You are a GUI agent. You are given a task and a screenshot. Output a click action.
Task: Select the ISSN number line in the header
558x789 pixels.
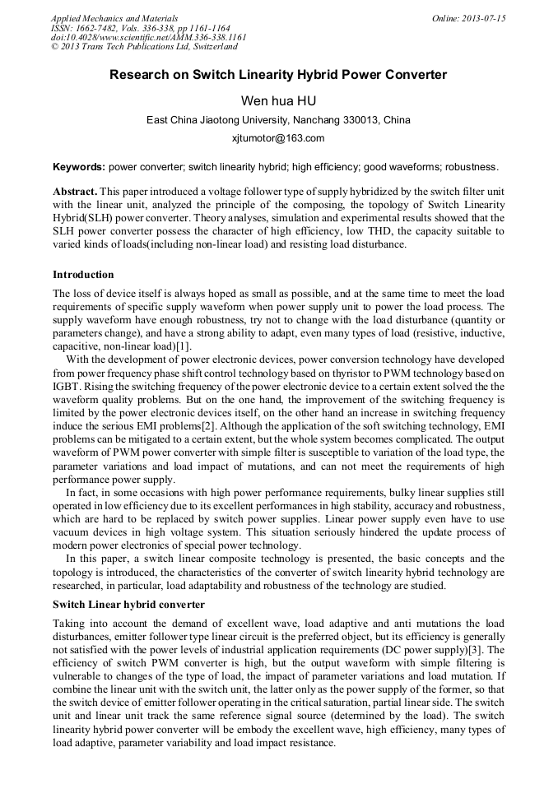[x=141, y=27]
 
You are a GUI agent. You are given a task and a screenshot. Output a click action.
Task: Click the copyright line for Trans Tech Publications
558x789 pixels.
[x=144, y=47]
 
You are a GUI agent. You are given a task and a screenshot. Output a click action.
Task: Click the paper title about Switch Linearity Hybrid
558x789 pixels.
[x=278, y=75]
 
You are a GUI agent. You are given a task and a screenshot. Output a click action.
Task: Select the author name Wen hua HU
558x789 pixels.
[x=278, y=100]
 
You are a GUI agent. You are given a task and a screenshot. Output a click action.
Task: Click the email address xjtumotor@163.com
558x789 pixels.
[x=278, y=138]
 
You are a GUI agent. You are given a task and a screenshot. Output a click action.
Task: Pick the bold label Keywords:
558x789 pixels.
[x=79, y=166]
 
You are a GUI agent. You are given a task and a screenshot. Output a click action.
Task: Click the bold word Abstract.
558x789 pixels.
[x=76, y=190]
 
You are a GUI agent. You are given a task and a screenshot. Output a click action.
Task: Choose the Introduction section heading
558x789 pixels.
[x=83, y=274]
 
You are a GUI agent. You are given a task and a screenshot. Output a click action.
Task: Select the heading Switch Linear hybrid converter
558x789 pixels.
[x=128, y=605]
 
